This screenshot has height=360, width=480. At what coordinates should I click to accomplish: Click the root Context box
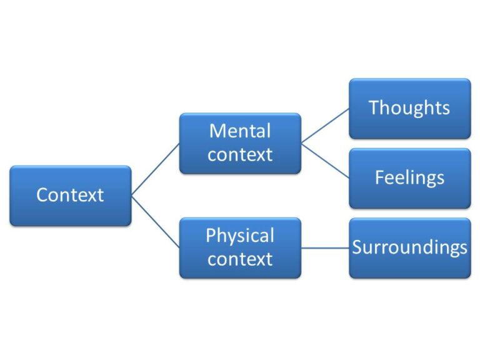[71, 195]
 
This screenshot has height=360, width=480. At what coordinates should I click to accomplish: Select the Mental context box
[240, 143]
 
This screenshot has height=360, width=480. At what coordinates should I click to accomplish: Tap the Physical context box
[240, 247]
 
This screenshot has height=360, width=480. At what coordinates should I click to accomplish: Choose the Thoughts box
[409, 108]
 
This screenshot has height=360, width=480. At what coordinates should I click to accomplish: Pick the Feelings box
[409, 178]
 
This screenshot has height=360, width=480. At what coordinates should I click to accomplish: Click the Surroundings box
[409, 247]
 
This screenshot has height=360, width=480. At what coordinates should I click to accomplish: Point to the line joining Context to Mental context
[156, 169]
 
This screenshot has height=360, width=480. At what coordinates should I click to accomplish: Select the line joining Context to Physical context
[156, 222]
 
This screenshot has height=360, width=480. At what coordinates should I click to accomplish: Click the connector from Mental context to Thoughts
[325, 126]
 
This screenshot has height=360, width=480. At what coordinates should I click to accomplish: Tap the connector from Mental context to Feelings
[325, 161]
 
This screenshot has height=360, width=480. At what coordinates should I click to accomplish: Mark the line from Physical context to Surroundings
[325, 247]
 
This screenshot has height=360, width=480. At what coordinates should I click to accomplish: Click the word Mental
[240, 131]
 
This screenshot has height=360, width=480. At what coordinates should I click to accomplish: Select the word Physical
[240, 236]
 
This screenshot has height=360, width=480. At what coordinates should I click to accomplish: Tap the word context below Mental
[240, 154]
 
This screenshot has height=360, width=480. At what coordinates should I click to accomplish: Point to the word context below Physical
[240, 259]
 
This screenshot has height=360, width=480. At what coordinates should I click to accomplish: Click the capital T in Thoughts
[374, 107]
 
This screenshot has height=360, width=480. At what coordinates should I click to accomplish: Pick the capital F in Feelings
[379, 177]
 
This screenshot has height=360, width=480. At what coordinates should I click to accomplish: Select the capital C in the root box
[42, 195]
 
